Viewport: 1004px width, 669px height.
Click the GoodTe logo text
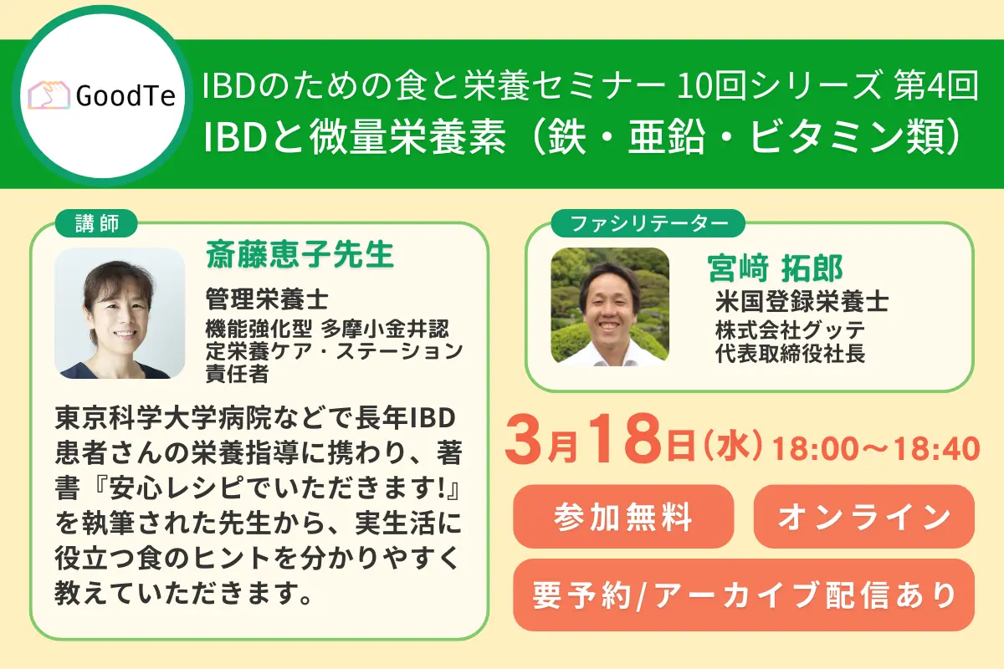click(125, 96)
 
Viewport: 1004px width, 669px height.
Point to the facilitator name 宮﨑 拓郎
click(775, 268)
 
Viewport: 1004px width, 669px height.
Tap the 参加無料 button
click(622, 517)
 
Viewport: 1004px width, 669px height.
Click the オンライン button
click(863, 517)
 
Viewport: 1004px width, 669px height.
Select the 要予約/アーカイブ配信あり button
click(743, 595)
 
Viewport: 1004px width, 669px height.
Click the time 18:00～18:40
click(876, 449)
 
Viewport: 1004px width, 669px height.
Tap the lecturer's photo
click(119, 312)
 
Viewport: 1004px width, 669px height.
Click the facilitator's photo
click(609, 307)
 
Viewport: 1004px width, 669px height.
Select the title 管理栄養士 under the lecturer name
click(268, 297)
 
